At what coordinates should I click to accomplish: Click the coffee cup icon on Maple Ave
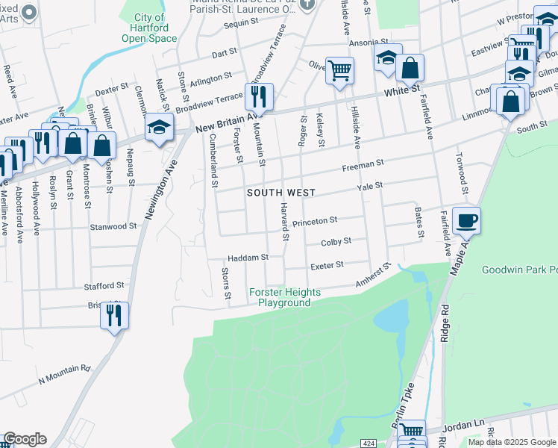pos(466,220)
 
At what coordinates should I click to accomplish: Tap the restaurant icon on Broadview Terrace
pos(259,96)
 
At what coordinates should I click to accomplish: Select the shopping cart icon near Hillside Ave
pos(339,70)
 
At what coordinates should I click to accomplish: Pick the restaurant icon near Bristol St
pos(114,314)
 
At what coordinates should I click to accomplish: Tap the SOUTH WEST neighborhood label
pos(281,193)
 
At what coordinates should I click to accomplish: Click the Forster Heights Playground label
pos(283,298)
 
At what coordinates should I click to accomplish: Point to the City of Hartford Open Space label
pos(149,28)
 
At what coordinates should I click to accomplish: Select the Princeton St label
pos(315,222)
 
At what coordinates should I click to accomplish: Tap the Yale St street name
pos(369,185)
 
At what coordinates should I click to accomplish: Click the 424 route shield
pos(369,443)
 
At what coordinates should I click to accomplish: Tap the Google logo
pos(25,439)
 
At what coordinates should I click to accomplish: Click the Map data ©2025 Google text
pos(512,442)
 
